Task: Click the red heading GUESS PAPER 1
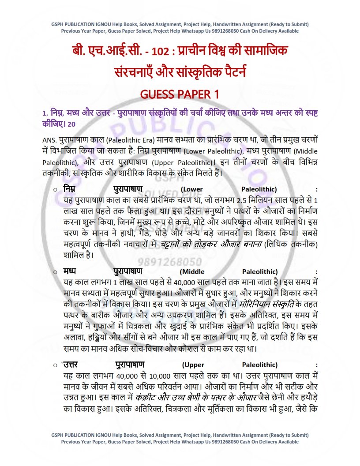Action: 180,94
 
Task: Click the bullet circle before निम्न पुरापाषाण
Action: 55,189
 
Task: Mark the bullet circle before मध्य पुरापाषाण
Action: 55,272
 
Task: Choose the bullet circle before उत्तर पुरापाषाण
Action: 55,365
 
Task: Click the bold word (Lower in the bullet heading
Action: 192,189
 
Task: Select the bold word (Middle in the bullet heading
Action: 192,272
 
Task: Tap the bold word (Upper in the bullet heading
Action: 193,365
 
